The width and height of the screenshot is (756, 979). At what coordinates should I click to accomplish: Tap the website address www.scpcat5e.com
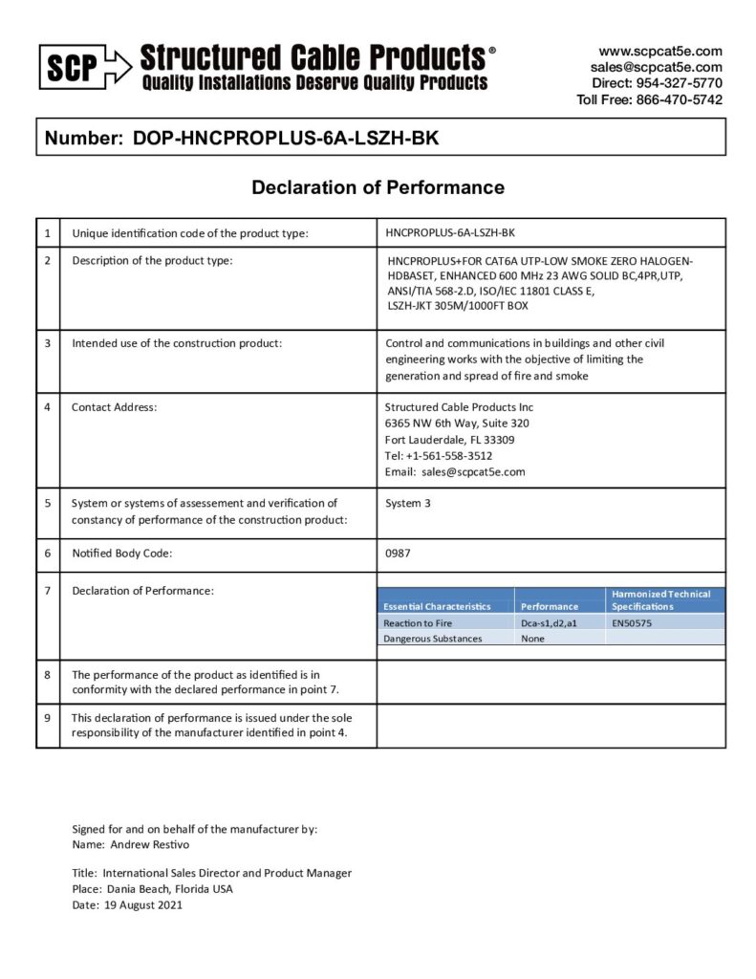click(x=660, y=51)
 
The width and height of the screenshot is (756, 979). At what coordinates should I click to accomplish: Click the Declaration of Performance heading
click(x=378, y=187)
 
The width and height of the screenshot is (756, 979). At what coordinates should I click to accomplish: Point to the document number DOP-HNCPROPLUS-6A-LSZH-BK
click(x=286, y=138)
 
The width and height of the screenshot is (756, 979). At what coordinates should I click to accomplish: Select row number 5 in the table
click(x=48, y=502)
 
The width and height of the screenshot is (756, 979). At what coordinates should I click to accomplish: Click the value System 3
click(x=408, y=503)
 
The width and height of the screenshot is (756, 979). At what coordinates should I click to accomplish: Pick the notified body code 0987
click(x=399, y=553)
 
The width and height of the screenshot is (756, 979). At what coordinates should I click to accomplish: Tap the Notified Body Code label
click(x=121, y=553)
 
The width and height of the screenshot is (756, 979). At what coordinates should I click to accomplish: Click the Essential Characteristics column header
click(x=437, y=606)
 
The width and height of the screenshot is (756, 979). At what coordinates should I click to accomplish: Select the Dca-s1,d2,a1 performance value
click(x=549, y=622)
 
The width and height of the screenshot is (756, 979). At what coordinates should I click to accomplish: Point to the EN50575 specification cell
click(x=632, y=622)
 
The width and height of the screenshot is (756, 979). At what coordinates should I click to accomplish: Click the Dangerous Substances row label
click(x=432, y=638)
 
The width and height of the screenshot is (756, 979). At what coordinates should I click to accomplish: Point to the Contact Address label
click(x=114, y=407)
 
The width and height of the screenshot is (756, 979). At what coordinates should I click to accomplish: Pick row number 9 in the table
click(x=48, y=716)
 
